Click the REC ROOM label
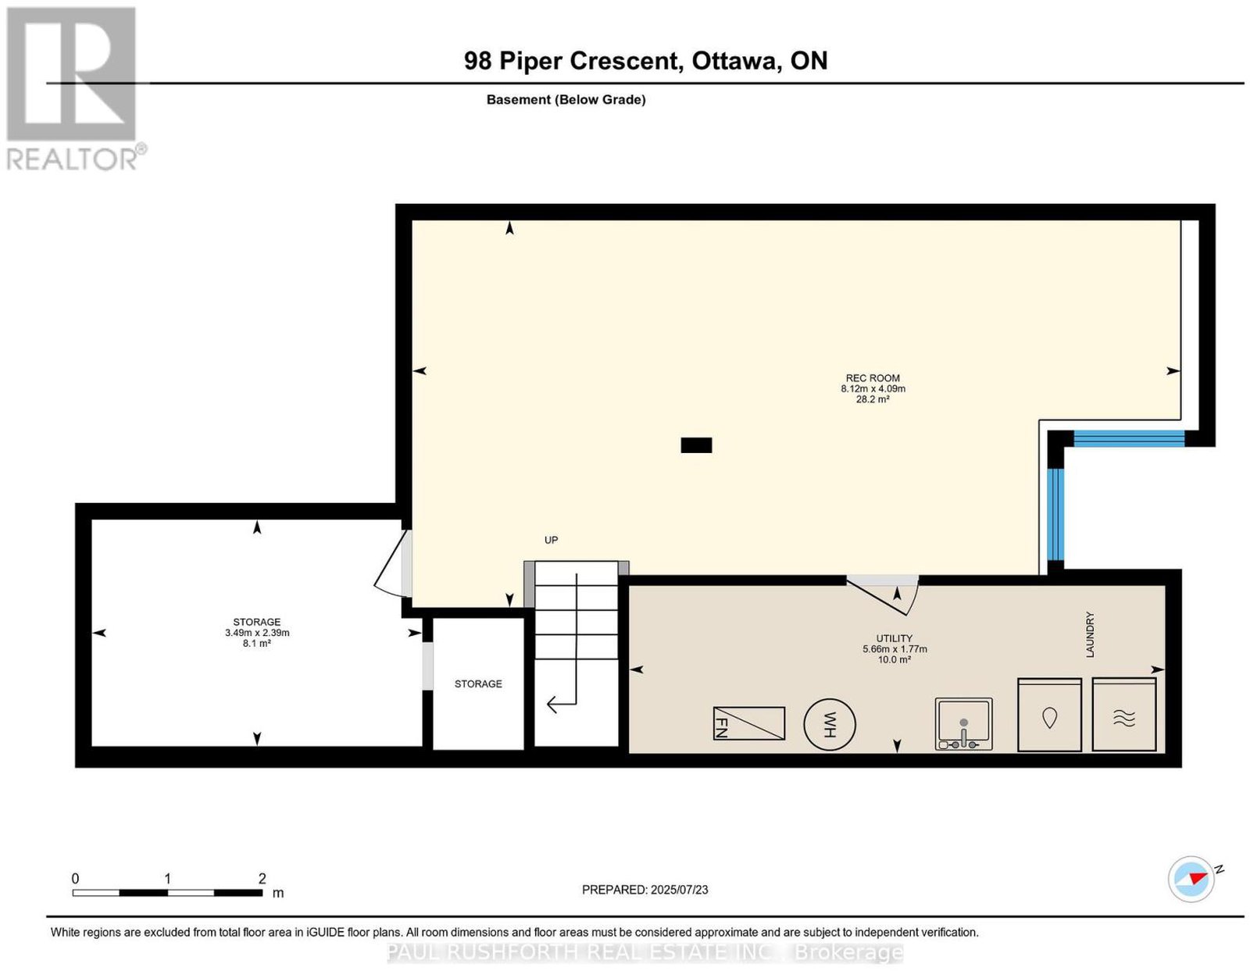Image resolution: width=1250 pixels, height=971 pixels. click(872, 378)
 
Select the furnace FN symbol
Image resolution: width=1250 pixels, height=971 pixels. click(749, 723)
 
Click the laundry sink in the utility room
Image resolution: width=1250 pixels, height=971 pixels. click(963, 724)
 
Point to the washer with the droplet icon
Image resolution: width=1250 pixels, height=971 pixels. click(1050, 716)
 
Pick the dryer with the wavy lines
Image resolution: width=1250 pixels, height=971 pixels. click(1124, 715)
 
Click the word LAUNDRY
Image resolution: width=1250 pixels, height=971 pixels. click(1090, 634)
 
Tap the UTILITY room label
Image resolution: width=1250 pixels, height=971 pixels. click(894, 638)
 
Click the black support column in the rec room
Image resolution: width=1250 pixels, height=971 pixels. click(696, 445)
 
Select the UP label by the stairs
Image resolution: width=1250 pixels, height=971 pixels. click(551, 540)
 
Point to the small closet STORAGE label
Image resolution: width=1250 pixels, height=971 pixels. click(478, 684)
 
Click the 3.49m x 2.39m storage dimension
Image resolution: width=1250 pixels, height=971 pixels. click(256, 633)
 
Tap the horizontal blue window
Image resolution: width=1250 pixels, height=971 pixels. click(1129, 439)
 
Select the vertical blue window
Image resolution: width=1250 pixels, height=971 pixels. click(1055, 515)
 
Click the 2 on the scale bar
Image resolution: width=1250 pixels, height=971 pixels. click(262, 879)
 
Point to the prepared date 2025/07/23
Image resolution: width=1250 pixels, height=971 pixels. click(679, 889)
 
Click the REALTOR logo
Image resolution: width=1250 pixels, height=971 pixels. click(74, 89)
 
